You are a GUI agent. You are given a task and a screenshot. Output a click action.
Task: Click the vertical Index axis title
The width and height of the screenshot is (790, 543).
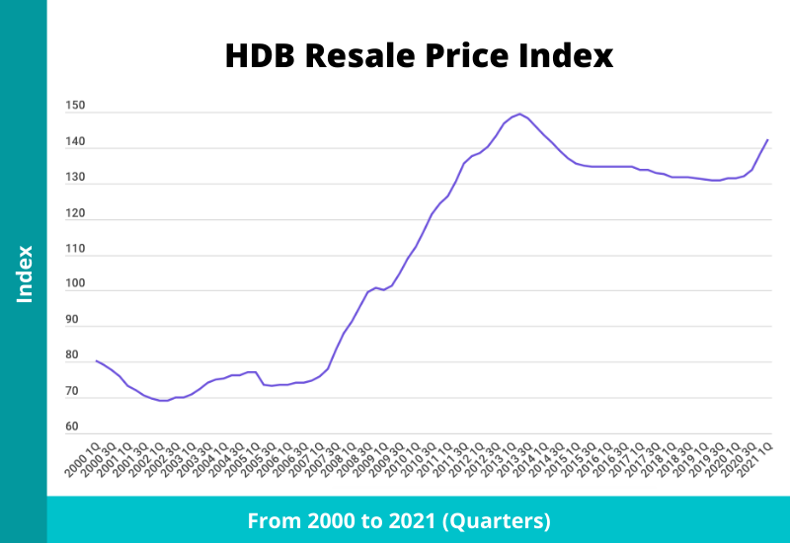click(25, 273)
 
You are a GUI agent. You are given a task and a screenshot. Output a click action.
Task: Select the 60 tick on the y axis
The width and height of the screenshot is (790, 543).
click(72, 427)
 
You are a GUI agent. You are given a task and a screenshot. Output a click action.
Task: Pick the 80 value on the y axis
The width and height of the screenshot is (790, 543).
click(72, 355)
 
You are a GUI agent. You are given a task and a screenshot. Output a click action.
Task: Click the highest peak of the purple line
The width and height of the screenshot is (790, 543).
click(520, 114)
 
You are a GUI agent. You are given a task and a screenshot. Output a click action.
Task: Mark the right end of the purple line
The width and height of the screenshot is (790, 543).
click(767, 140)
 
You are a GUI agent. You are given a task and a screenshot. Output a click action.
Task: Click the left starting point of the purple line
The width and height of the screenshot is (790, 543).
click(96, 360)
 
